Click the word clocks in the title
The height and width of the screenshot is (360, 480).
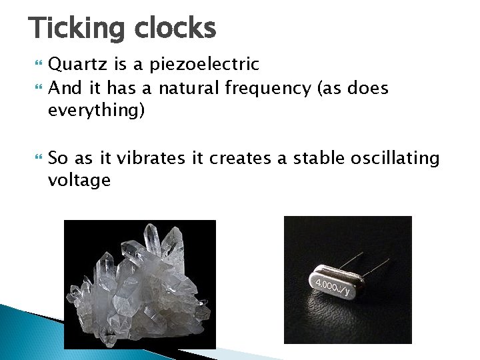pyautogui.click(x=175, y=29)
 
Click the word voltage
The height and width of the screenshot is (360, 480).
pyautogui.click(x=79, y=180)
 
